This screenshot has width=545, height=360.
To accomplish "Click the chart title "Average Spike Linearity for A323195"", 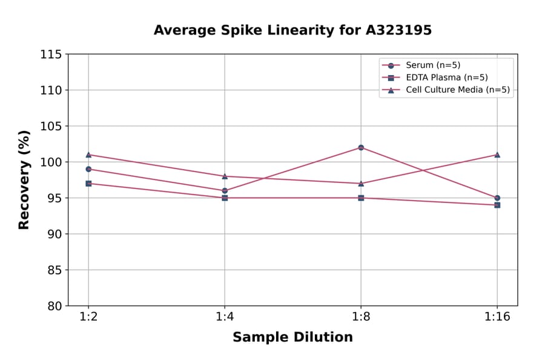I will (x=292, y=30).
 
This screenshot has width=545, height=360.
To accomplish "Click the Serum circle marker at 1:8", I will (x=361, y=147).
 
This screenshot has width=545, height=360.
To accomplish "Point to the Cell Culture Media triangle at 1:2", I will (x=88, y=155).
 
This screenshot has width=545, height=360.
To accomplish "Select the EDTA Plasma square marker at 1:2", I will (x=88, y=183).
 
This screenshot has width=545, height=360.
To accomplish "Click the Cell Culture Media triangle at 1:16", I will (x=497, y=155).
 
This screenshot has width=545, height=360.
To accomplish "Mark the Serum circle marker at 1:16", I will (x=497, y=198).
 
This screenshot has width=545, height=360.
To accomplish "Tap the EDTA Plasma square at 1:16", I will (x=497, y=205).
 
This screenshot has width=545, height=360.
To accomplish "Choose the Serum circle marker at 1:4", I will (x=225, y=190).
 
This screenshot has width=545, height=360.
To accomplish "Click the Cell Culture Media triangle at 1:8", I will (x=361, y=183).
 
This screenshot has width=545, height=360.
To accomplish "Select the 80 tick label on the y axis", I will (x=54, y=306).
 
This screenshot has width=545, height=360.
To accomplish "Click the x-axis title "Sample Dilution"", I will (x=292, y=338).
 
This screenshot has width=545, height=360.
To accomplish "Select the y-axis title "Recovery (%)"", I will (x=24, y=180).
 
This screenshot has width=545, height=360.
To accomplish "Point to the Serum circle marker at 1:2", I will (x=88, y=169).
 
